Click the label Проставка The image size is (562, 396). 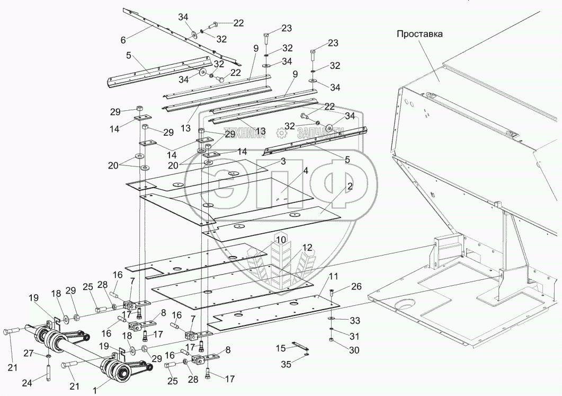[419, 33]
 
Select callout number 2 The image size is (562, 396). [350, 187]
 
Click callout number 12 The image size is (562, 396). [307, 248]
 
